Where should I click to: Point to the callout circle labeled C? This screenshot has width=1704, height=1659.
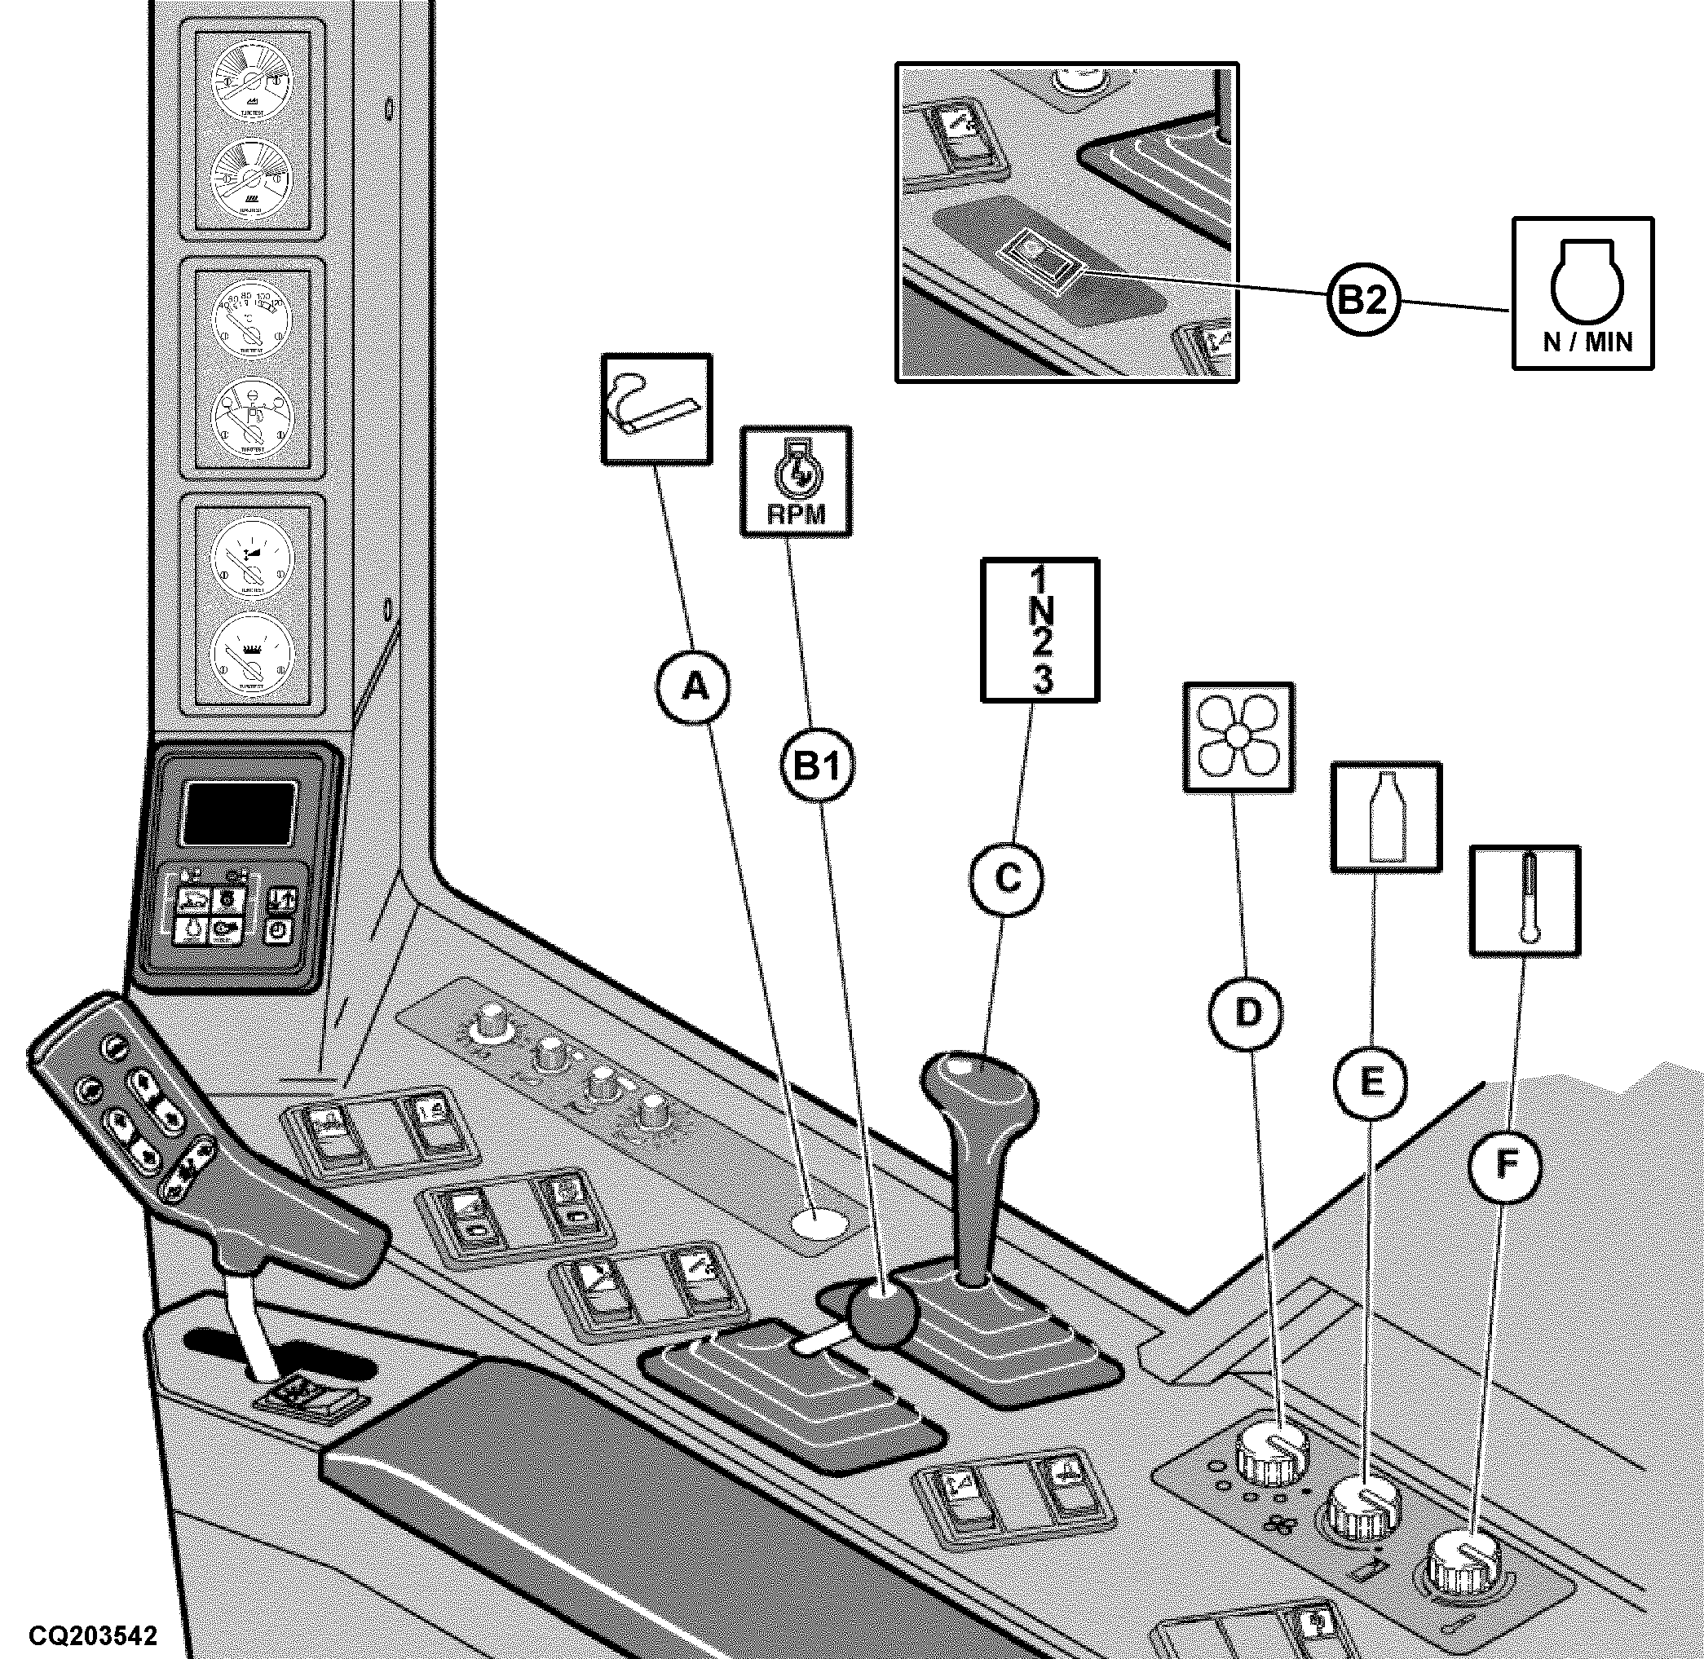(1007, 879)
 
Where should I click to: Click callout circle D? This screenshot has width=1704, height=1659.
(1247, 1012)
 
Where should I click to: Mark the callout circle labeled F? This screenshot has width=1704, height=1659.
(1505, 1166)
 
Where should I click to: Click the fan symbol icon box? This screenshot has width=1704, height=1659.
(1238, 736)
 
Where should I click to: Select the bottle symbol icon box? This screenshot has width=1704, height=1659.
(1387, 816)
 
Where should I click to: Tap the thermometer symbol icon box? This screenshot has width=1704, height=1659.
(1525, 900)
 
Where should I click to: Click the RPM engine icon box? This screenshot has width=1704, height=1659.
(795, 481)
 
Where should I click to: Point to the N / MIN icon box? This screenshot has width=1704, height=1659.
(1583, 293)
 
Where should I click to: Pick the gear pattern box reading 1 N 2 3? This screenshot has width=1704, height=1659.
(1040, 630)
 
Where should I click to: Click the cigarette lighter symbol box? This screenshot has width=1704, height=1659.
(656, 408)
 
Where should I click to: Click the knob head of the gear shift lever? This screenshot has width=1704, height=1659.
(979, 1091)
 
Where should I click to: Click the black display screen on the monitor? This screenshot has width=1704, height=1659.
(237, 812)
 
